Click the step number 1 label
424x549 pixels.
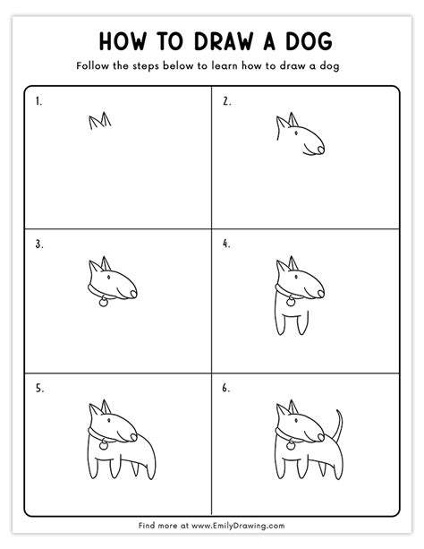(39, 101)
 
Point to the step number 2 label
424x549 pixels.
(226, 101)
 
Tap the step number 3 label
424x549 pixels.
(39, 244)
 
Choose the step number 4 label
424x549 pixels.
(226, 244)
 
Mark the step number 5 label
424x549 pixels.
(39, 388)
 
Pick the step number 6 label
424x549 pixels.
(226, 388)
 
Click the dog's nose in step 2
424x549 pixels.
(320, 150)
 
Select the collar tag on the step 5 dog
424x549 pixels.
(104, 444)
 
